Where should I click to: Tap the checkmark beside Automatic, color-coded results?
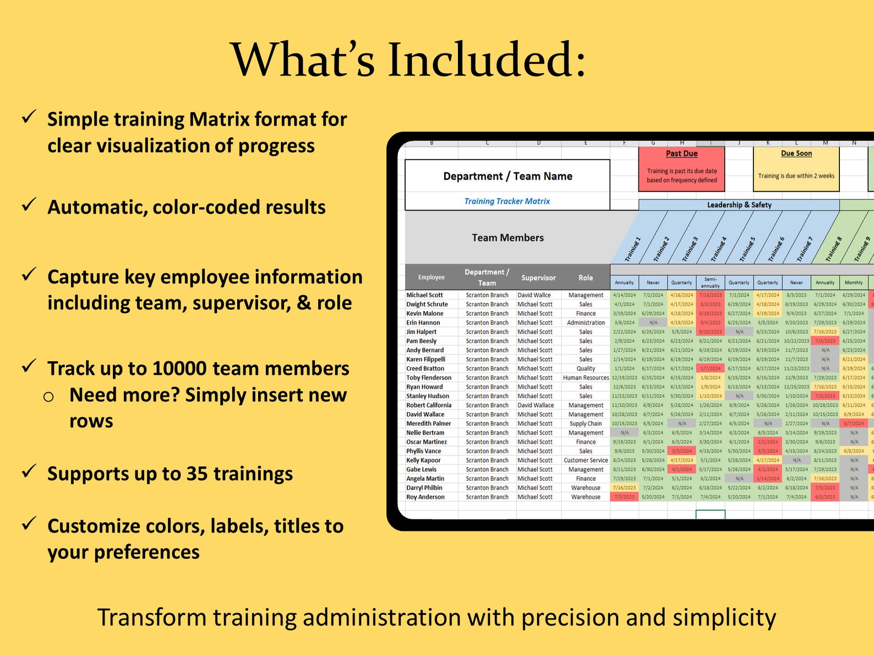click(x=29, y=205)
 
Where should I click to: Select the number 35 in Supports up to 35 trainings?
click(x=197, y=474)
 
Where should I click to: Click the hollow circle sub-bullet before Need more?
click(x=48, y=397)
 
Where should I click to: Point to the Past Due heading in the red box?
click(x=681, y=154)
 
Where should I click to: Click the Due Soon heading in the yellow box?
click(x=796, y=154)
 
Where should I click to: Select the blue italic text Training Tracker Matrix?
click(x=507, y=201)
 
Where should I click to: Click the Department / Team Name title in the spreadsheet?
click(x=507, y=176)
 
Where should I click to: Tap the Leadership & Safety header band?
click(x=739, y=205)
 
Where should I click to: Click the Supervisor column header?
click(x=538, y=278)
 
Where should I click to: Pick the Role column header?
click(x=586, y=278)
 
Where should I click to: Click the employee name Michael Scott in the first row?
click(x=424, y=295)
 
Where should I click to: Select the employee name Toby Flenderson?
click(x=429, y=378)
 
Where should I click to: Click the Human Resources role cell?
click(x=586, y=378)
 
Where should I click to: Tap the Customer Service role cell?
click(x=586, y=460)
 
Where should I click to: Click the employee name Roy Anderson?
click(x=425, y=497)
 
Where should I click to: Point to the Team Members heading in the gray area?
click(x=507, y=238)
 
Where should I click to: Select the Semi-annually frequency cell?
click(x=710, y=283)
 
